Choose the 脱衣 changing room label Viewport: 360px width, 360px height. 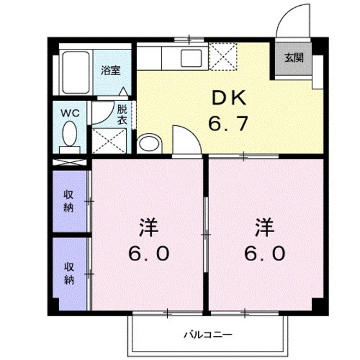[122, 114]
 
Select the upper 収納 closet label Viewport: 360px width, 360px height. [68, 201]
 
